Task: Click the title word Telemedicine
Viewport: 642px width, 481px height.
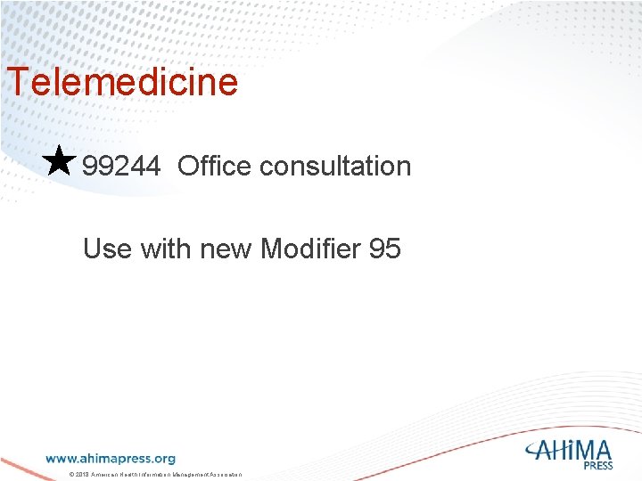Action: pyautogui.click(x=123, y=82)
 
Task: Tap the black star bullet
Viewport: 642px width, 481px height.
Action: pyautogui.click(x=59, y=161)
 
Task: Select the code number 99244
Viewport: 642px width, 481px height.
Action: pyautogui.click(x=121, y=166)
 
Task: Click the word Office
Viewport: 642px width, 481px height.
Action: pyautogui.click(x=214, y=166)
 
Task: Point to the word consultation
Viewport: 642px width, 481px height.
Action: pyautogui.click(x=335, y=166)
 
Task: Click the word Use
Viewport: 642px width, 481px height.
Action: pyautogui.click(x=107, y=249)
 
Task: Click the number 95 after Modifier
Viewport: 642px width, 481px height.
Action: pyautogui.click(x=384, y=249)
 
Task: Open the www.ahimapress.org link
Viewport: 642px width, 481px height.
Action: pyautogui.click(x=111, y=459)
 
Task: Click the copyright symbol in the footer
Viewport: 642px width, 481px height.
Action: pyautogui.click(x=71, y=475)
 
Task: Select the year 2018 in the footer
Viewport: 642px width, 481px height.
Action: pyautogui.click(x=82, y=475)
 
